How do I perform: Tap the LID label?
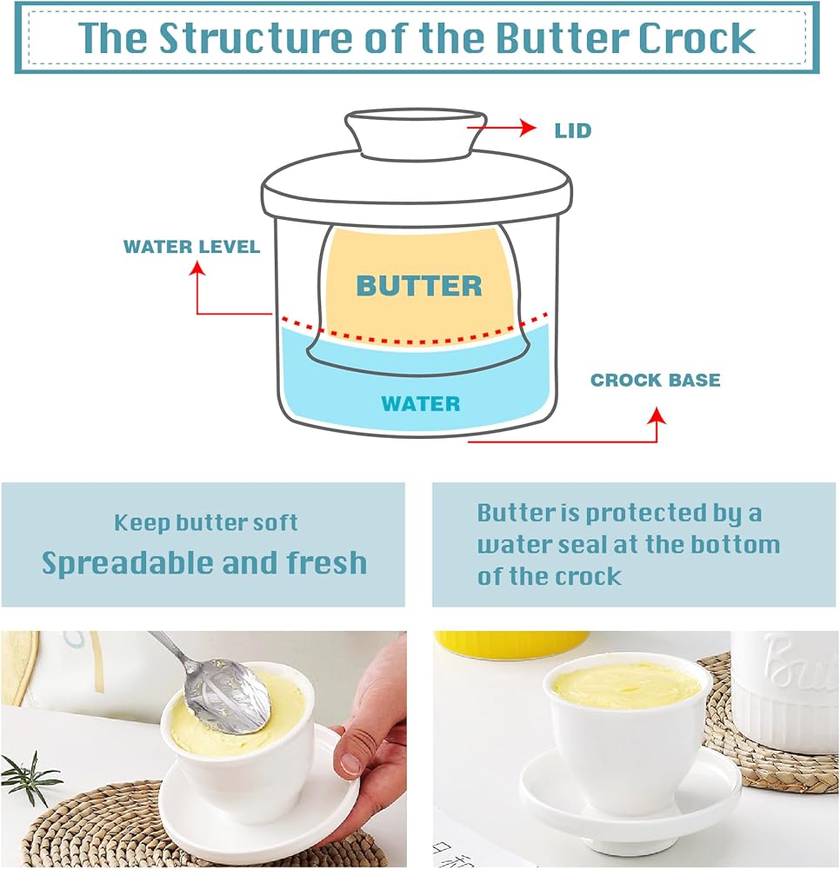pyautogui.click(x=573, y=131)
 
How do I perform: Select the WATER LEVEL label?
pyautogui.click(x=191, y=247)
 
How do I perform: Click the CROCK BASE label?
pyautogui.click(x=656, y=380)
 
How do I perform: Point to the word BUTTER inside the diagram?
pyautogui.click(x=419, y=286)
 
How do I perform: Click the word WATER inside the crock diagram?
pyautogui.click(x=421, y=403)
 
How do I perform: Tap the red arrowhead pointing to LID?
pyautogui.click(x=529, y=128)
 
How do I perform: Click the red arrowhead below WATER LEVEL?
pyautogui.click(x=197, y=269)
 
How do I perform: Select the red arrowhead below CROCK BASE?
pyautogui.click(x=657, y=415)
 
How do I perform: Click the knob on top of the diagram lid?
pyautogui.click(x=416, y=133)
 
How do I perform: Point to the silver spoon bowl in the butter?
pyautogui.click(x=229, y=696)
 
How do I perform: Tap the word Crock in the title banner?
pyautogui.click(x=697, y=37)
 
